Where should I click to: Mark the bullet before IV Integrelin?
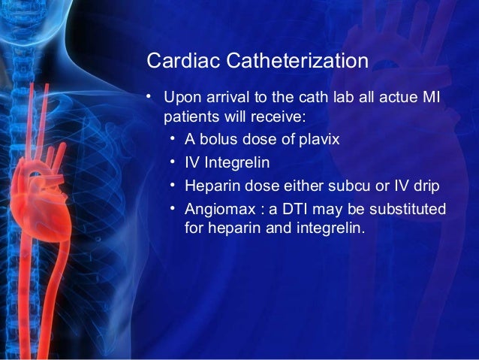(173, 161)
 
